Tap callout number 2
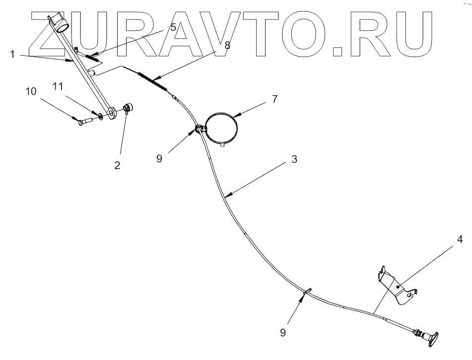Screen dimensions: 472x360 tap(117, 165)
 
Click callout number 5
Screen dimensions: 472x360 tap(173, 28)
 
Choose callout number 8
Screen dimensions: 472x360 tap(227, 44)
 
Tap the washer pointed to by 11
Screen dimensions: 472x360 tap(101, 116)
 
